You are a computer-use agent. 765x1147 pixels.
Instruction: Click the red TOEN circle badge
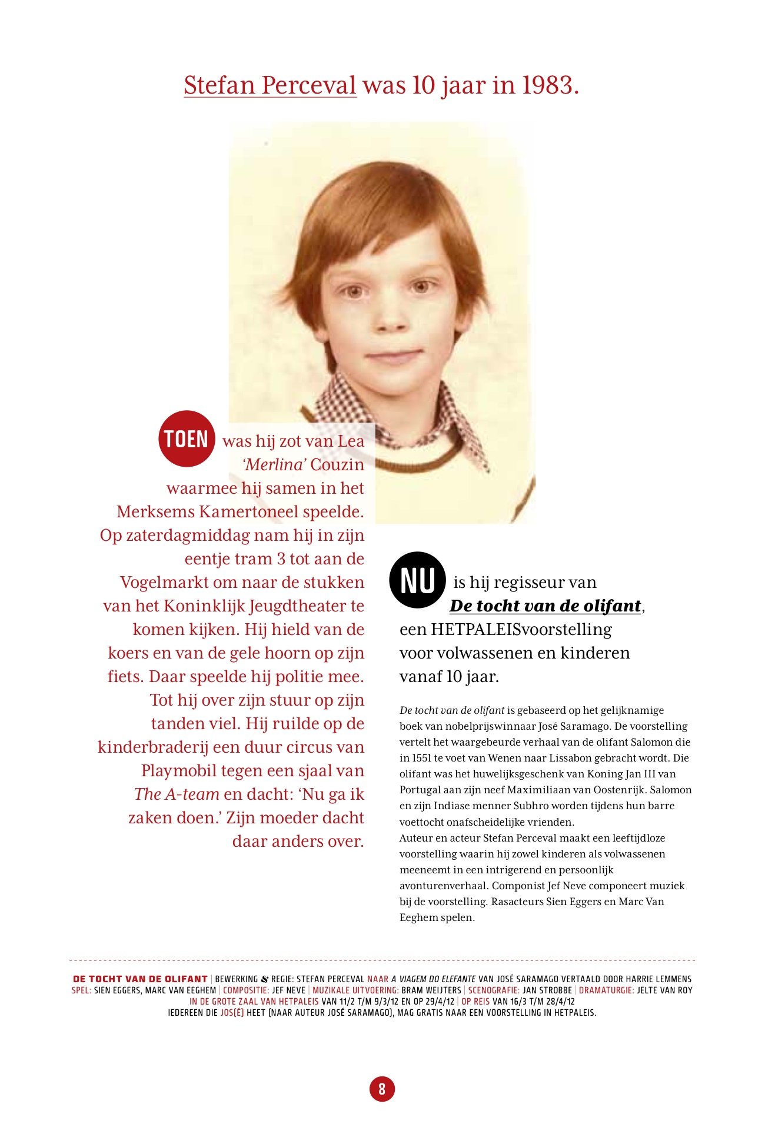187,439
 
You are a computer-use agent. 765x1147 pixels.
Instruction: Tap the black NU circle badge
417,580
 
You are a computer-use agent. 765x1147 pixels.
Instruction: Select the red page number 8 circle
382,1089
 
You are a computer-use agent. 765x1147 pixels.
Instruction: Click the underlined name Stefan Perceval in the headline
270,85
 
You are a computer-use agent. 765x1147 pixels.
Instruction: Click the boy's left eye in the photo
420,288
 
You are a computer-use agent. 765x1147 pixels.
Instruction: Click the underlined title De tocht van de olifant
545,606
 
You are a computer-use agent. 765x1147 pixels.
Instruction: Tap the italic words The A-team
177,794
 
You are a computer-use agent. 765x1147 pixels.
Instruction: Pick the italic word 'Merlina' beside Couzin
274,464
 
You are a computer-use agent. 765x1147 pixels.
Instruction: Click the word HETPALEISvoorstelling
521,629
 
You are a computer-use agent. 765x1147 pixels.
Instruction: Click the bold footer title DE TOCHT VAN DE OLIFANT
140,979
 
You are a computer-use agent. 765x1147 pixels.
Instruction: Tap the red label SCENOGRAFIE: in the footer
494,990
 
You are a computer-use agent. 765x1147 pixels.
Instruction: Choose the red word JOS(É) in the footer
232,1013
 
